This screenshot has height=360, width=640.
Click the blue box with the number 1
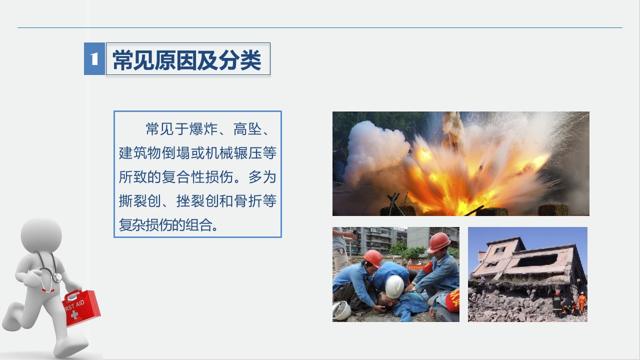coord(94,59)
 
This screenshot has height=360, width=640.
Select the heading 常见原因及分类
coord(187,60)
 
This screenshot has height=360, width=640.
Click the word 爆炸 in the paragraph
coord(203,129)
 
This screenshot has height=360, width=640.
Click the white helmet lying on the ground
coord(341,310)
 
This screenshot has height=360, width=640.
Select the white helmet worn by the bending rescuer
coord(394,286)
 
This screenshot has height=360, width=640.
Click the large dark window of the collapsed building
coord(536,260)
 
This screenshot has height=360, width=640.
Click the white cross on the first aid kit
coord(74,315)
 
